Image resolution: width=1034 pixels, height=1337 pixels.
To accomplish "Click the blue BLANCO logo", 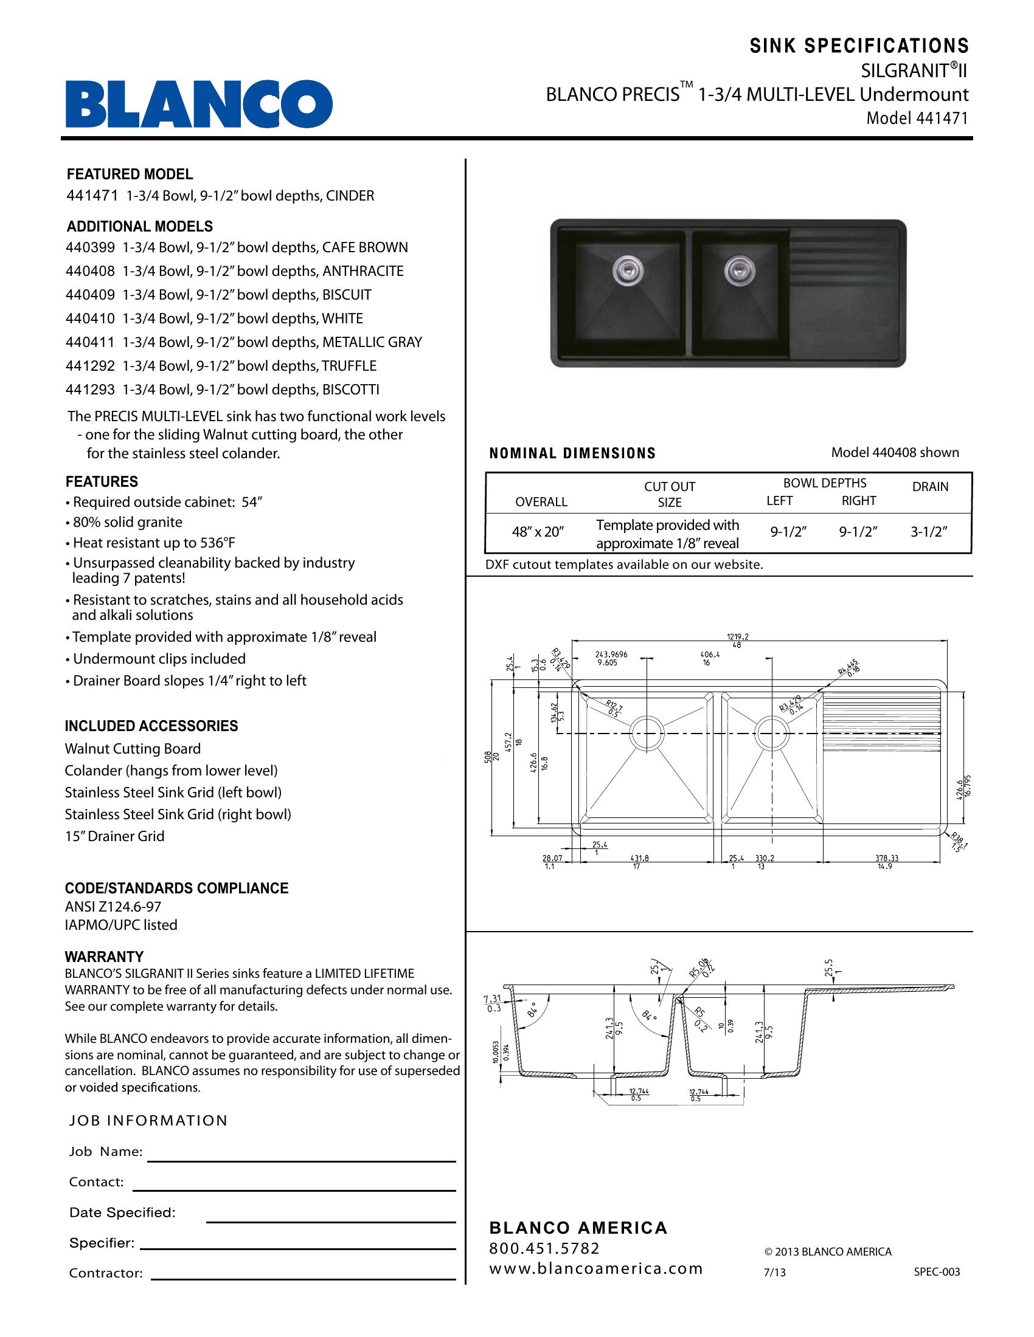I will click(x=199, y=105).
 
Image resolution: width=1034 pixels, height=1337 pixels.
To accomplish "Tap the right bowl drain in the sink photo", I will click(x=737, y=269).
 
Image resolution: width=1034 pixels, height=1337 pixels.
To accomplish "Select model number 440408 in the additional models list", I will click(x=90, y=271).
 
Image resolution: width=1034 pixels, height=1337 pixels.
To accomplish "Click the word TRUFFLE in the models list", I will click(x=349, y=366).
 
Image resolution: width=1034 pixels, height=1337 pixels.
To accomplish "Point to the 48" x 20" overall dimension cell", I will click(x=537, y=532).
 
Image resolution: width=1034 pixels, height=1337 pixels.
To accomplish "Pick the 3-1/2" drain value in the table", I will click(x=929, y=532).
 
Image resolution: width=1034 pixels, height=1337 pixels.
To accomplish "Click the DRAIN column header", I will click(x=930, y=487).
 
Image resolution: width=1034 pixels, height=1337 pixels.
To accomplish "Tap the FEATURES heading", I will click(x=102, y=482).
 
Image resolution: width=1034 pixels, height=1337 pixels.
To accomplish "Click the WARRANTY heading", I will click(x=104, y=957).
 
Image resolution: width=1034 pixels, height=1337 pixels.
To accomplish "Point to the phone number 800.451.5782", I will click(x=544, y=1248).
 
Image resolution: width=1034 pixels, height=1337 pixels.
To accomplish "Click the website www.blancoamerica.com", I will click(x=595, y=1269).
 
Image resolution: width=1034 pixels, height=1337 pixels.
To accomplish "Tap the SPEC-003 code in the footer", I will click(x=937, y=1272).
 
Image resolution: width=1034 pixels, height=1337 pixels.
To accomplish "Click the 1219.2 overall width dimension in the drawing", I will click(x=738, y=637).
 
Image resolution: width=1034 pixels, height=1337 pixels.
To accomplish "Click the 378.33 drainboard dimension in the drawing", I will click(x=886, y=858).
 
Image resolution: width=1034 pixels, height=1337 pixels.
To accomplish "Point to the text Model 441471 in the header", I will click(x=917, y=118).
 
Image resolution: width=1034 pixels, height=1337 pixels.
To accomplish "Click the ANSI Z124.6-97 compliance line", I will click(x=113, y=907).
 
